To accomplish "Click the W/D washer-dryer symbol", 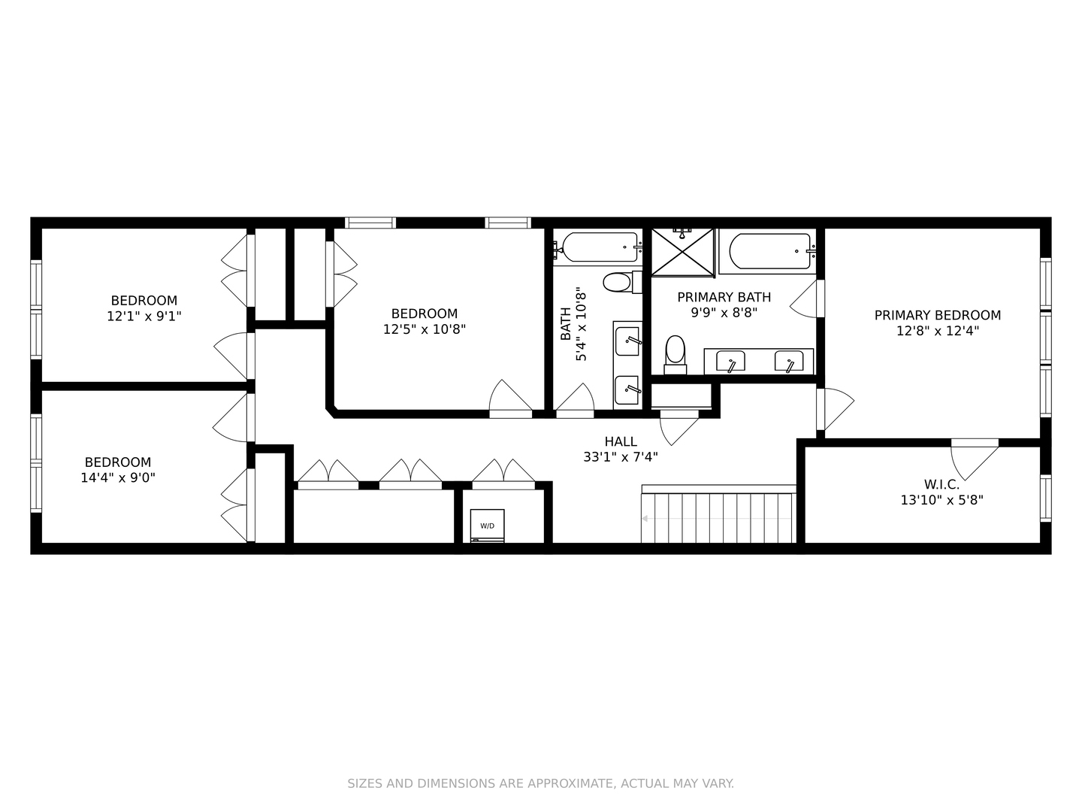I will point(487,526).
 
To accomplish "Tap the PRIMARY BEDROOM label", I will point(937,315).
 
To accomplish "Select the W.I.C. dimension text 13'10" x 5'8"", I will point(941,499).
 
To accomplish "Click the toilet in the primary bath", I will point(675,353).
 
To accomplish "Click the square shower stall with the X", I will point(683,252).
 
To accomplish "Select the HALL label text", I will point(621,441).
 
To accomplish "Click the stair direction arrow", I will point(645,519).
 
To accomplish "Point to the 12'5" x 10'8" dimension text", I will point(425,329).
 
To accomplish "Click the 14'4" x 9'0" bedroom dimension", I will point(118,477).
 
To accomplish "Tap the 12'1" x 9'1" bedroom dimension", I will point(144,317).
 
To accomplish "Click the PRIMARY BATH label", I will point(724,297).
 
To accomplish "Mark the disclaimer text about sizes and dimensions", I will point(540,783).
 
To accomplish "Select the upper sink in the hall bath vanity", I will point(627,342).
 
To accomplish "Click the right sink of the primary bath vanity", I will point(789,362).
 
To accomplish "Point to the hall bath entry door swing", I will point(576,398).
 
